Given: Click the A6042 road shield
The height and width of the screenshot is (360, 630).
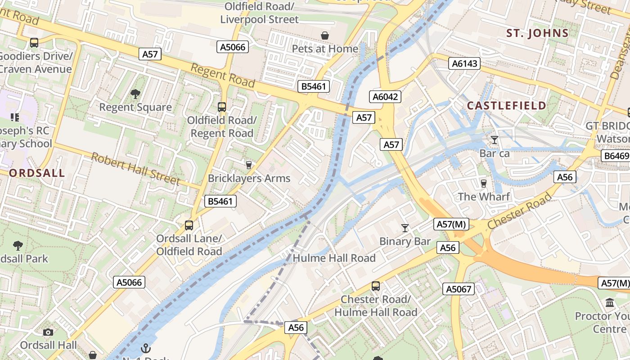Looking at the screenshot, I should pyautogui.click(x=386, y=97).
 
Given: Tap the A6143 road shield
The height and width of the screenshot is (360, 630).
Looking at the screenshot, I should pyautogui.click(x=465, y=64).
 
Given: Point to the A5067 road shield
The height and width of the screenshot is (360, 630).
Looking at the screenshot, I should pyautogui.click(x=459, y=289).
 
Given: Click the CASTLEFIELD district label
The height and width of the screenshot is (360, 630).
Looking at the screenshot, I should pyautogui.click(x=507, y=106).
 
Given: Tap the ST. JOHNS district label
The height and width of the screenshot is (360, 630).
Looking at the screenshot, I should pyautogui.click(x=537, y=33).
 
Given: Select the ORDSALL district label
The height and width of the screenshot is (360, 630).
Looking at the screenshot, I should pyautogui.click(x=37, y=173).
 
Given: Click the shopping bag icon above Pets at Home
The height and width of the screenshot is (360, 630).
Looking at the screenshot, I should pyautogui.click(x=324, y=35).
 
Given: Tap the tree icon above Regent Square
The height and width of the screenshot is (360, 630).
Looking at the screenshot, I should pyautogui.click(x=135, y=94).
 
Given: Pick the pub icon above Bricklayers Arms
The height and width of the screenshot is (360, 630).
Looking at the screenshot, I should pyautogui.click(x=248, y=165).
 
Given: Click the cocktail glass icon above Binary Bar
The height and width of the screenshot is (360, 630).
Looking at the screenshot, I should pyautogui.click(x=405, y=228).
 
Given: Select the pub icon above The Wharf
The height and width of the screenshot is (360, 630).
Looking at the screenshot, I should pyautogui.click(x=484, y=184).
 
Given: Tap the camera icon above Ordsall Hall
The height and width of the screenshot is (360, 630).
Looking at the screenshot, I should pyautogui.click(x=48, y=333).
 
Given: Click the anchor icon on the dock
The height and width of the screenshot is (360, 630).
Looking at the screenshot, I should pyautogui.click(x=145, y=348).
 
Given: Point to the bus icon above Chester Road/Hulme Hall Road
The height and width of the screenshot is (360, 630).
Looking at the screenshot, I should pyautogui.click(x=375, y=286).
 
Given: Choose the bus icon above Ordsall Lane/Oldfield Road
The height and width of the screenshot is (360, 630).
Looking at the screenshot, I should pyautogui.click(x=189, y=225).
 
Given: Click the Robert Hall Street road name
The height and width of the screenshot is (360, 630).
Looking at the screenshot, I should pyautogui.click(x=135, y=169).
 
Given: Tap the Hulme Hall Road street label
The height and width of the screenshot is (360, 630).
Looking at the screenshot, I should pyautogui.click(x=334, y=258).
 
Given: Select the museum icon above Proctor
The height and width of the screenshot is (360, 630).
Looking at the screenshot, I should pyautogui.click(x=610, y=303).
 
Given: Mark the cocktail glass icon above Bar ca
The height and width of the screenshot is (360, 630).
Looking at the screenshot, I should pyautogui.click(x=495, y=140).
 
